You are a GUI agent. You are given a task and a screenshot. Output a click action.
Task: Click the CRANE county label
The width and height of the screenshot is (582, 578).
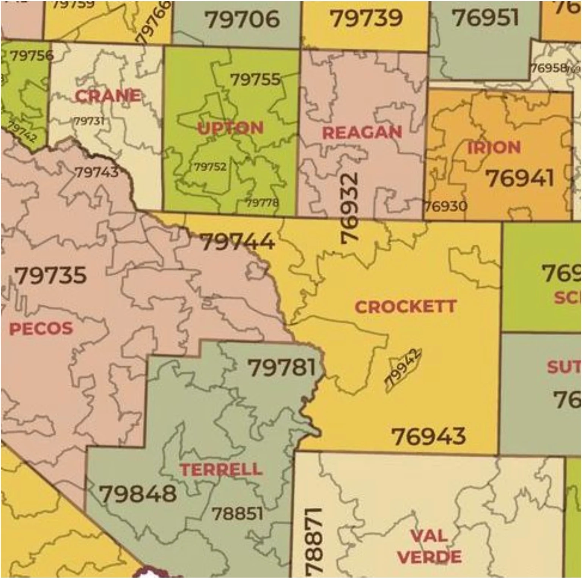coord(108,96)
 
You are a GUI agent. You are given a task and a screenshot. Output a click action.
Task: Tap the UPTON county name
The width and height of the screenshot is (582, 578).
coord(230,128)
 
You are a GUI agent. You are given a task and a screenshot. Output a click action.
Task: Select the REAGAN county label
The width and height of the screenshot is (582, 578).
coord(362,133)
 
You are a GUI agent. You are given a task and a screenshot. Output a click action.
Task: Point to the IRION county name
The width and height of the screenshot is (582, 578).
coord(494,148)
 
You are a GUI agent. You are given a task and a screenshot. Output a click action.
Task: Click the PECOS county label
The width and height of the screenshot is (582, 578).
coord(41,328)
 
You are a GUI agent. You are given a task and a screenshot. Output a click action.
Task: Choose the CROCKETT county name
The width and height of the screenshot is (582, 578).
coord(406,307)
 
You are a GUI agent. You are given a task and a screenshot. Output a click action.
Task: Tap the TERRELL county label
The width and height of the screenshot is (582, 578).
coord(221,470)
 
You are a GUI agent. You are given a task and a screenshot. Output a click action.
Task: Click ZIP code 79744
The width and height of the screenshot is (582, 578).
coord(237,242)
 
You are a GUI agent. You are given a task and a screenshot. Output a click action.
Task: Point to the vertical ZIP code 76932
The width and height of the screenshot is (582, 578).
coord(349,208)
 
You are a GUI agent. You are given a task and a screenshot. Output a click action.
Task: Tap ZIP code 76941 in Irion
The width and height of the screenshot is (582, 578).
coord(520,178)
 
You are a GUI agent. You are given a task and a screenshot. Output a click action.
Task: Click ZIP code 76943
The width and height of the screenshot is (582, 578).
coord(429,437)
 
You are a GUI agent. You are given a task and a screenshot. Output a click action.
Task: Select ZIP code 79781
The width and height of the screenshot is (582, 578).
coord(282,368)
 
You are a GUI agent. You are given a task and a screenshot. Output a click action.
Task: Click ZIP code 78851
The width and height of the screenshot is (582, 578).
coord(238,514)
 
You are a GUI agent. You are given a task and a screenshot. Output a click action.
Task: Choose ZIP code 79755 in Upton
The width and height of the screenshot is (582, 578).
coord(255,80)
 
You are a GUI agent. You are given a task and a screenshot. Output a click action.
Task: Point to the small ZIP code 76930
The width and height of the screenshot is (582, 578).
coord(445,207)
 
